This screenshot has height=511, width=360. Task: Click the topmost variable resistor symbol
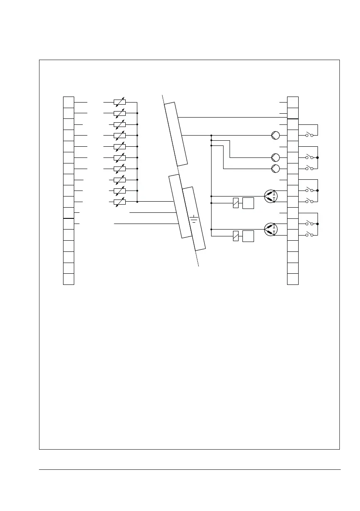click(119, 103)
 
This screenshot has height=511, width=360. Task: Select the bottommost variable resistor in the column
click(119, 202)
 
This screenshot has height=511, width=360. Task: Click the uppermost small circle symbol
click(275, 136)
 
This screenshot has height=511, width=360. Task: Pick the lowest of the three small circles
click(275, 168)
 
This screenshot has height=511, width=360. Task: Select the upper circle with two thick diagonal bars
click(271, 196)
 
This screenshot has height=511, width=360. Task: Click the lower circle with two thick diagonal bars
click(271, 229)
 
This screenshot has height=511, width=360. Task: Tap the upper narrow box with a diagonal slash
click(236, 203)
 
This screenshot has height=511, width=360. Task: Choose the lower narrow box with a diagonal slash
click(236, 236)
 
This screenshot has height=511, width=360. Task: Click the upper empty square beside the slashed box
click(248, 203)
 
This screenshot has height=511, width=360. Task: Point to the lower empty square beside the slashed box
click(248, 236)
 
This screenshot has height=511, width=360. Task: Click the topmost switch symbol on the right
click(309, 135)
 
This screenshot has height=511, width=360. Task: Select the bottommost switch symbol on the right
click(309, 235)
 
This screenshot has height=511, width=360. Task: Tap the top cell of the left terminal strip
click(69, 102)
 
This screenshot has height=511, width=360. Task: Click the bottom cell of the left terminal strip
click(69, 279)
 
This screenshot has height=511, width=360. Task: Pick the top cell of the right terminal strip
click(293, 102)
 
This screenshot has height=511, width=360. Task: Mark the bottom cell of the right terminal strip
click(293, 279)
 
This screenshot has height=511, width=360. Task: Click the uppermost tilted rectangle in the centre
click(176, 134)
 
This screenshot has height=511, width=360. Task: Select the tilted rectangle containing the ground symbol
click(194, 219)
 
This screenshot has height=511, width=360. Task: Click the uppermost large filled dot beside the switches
click(318, 157)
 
